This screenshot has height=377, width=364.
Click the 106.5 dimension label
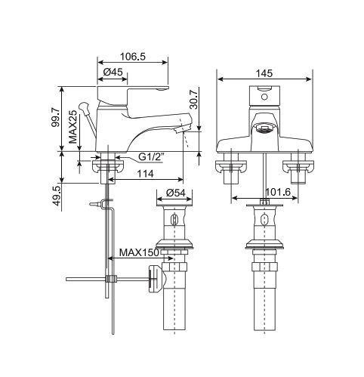tap(134, 57)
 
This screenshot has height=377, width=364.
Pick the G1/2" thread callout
tap(150, 157)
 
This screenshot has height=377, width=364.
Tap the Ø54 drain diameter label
tap(175, 193)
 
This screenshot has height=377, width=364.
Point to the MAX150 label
tap(139, 252)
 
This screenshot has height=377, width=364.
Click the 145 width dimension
tap(264, 73)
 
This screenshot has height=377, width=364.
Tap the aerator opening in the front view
tap(264, 129)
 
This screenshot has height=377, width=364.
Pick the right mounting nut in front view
tap(297, 170)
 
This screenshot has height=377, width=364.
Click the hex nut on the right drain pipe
tap(264, 268)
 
